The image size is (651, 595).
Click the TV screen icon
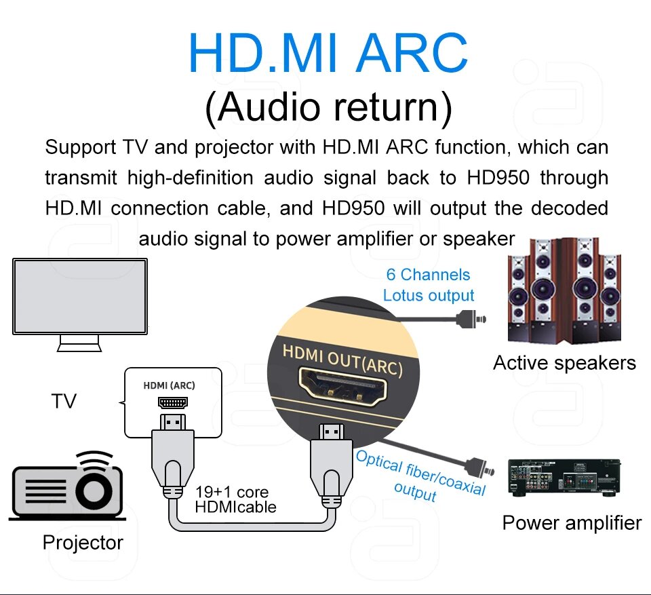[80, 296]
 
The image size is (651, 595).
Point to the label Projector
[83, 543]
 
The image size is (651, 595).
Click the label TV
[64, 402]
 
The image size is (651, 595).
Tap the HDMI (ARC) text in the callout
[170, 385]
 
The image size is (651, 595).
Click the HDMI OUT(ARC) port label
[342, 360]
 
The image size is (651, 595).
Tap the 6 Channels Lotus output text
[428, 285]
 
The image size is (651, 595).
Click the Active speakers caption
[564, 363]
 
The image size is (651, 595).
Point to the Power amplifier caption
[572, 523]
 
